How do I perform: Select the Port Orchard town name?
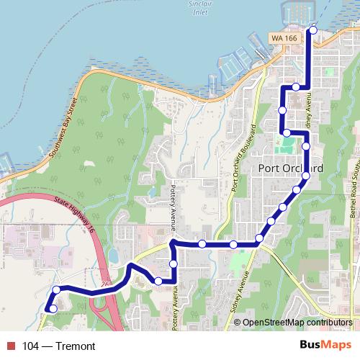(289, 168)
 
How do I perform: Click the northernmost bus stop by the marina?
(312, 30)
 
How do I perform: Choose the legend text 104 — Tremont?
(59, 346)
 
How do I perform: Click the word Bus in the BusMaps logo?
(312, 345)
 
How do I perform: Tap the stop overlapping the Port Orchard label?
(306, 176)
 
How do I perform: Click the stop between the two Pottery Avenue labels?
(174, 264)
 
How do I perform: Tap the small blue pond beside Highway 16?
(113, 256)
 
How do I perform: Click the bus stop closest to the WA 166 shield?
(312, 30)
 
